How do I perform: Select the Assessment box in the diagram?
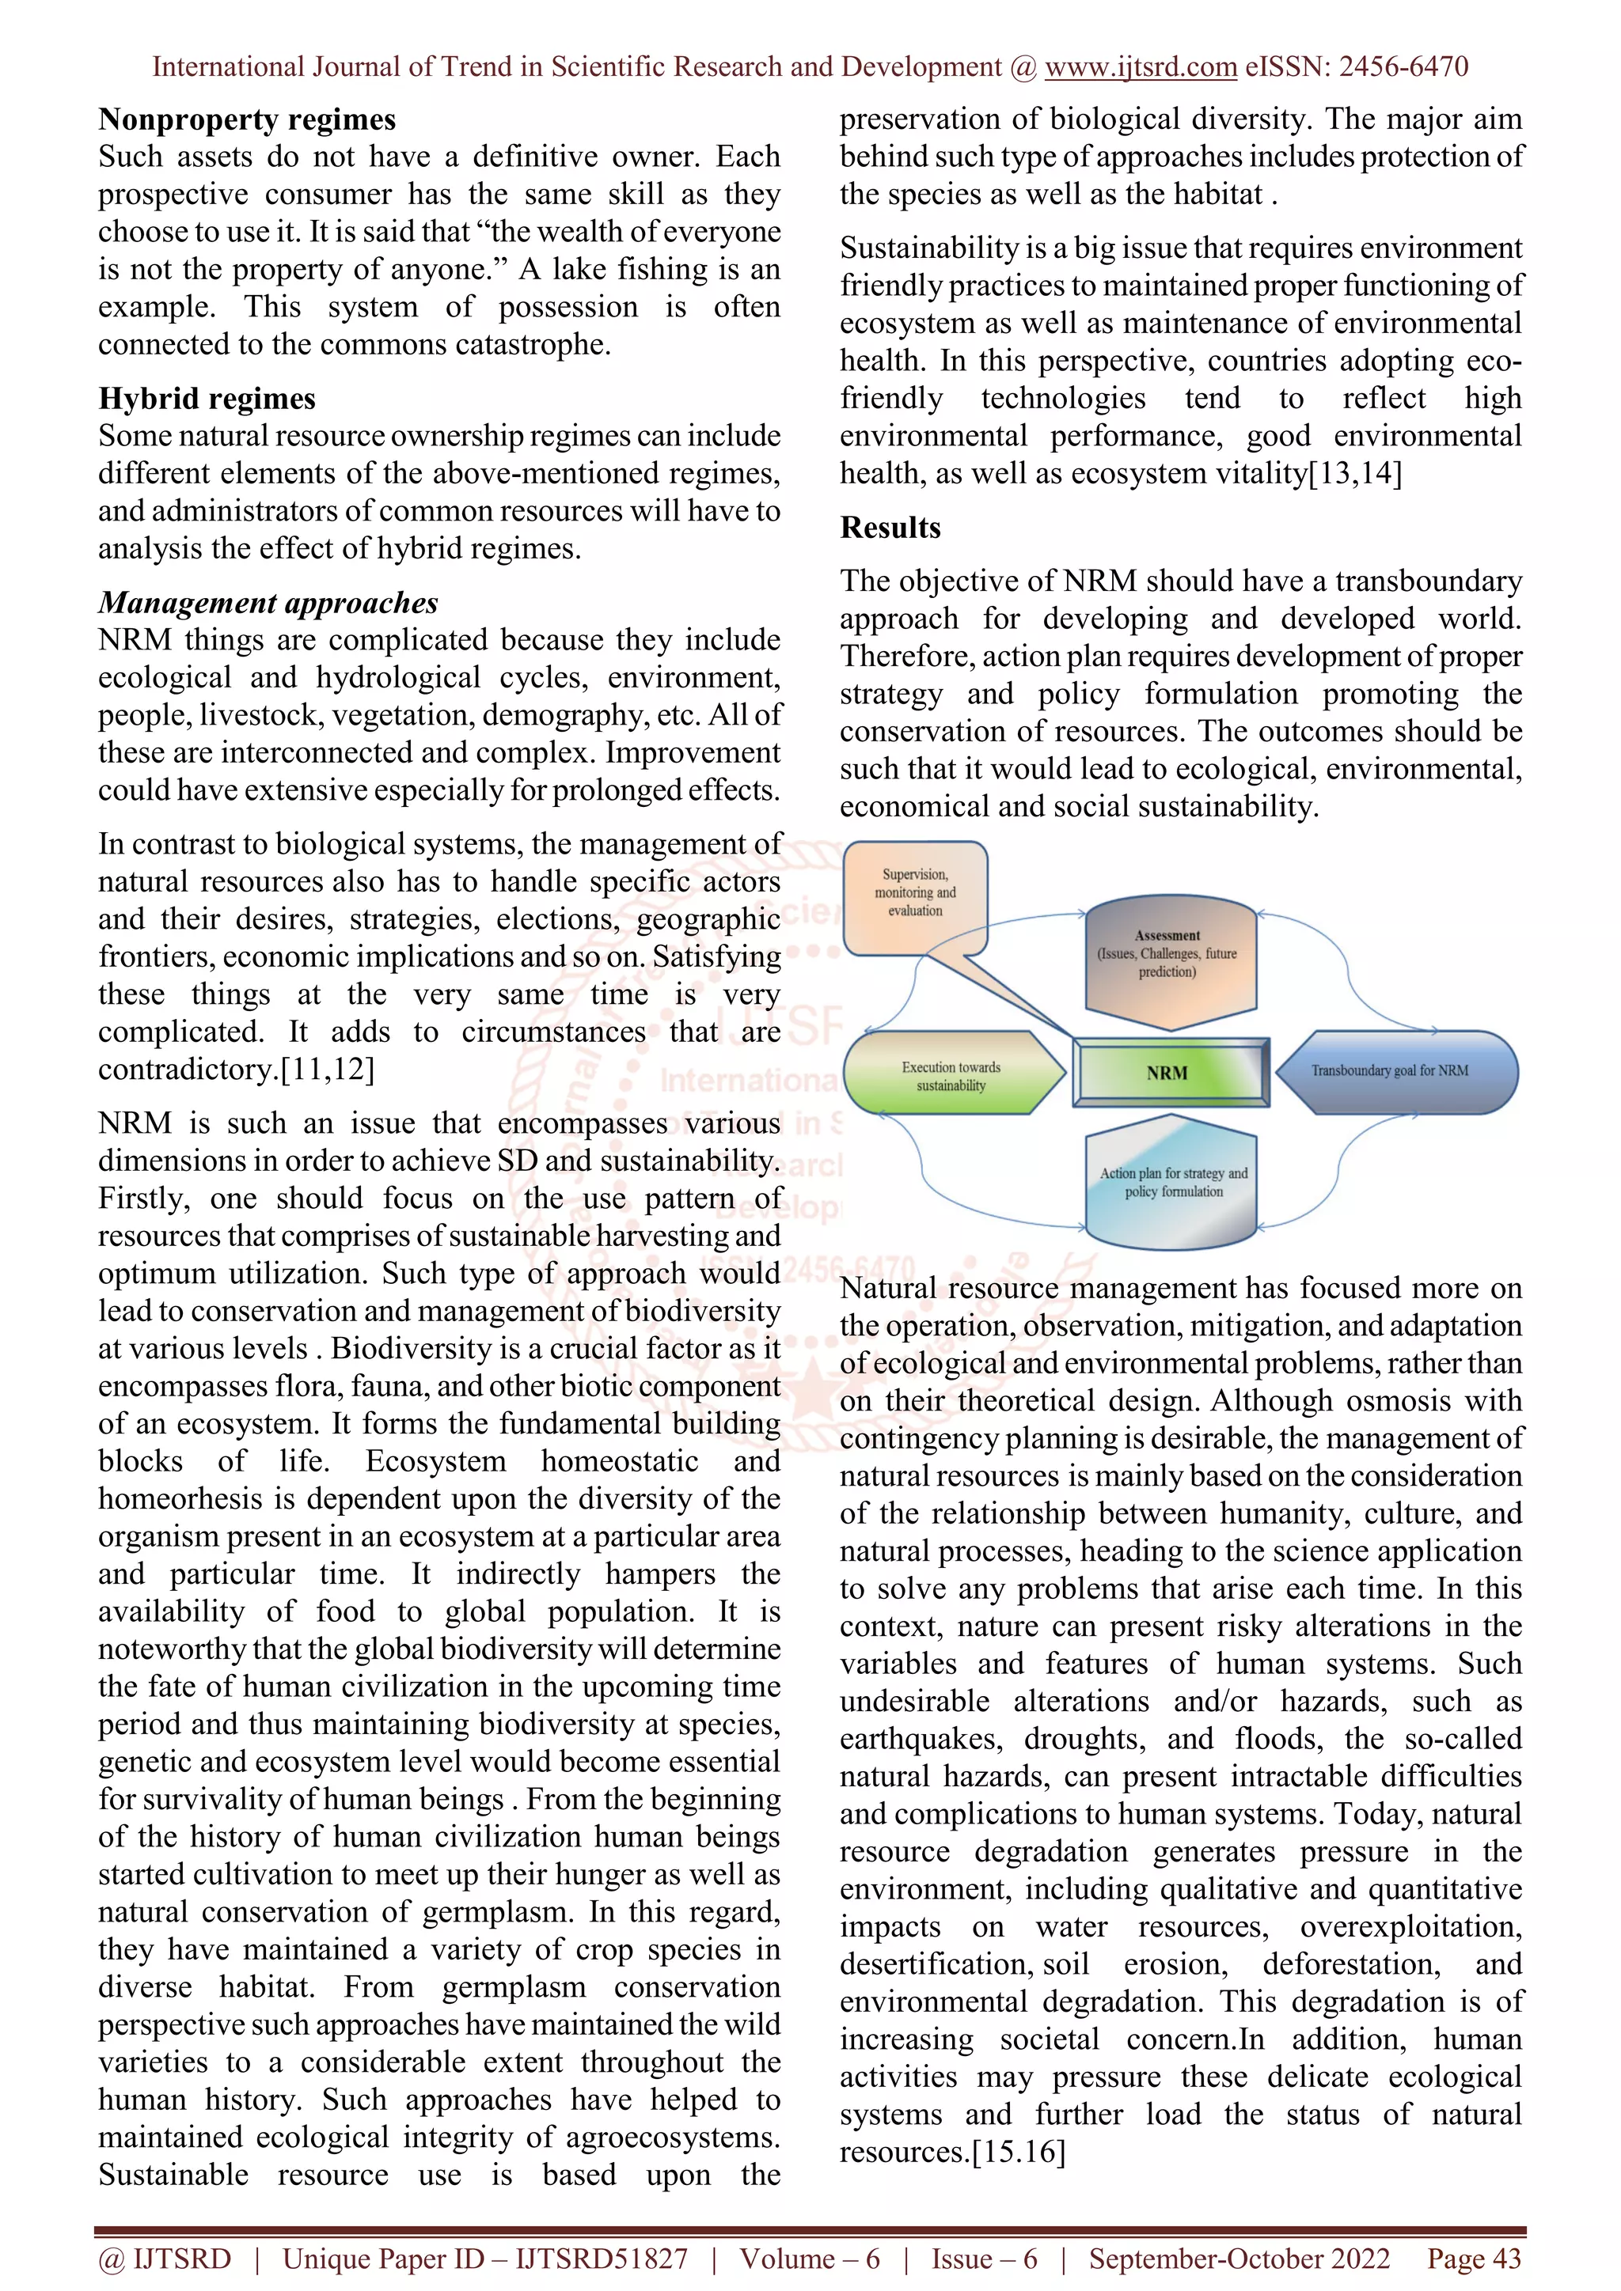(1167, 958)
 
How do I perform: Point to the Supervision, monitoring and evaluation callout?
(914, 893)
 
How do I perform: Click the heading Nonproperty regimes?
(246, 119)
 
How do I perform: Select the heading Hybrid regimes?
(207, 400)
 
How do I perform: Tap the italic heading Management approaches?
(268, 603)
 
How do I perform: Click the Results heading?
(890, 528)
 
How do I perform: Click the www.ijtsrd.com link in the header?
(1140, 67)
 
